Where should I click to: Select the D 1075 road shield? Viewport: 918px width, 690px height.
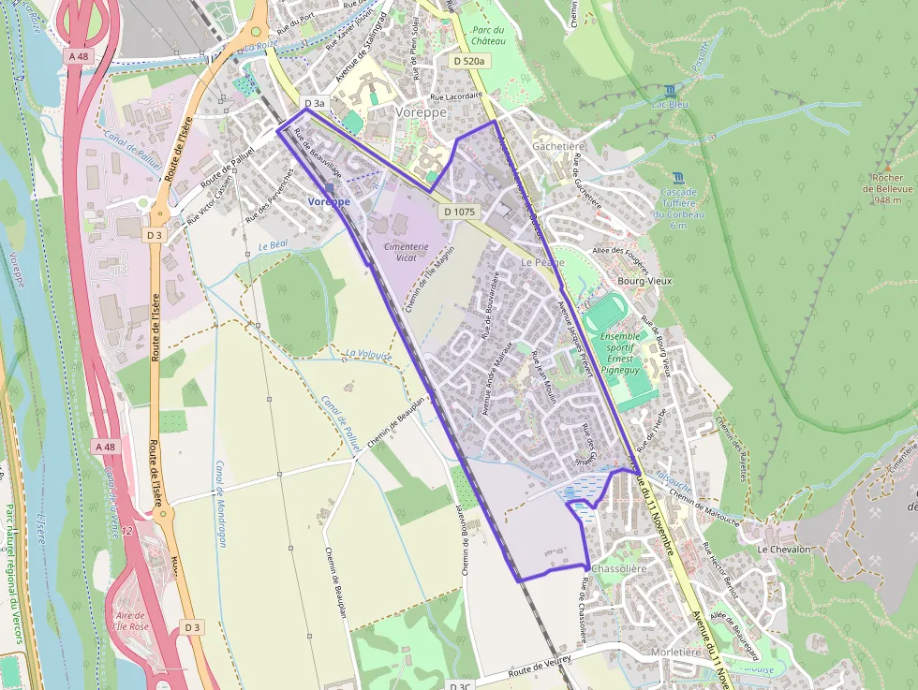pyautogui.click(x=459, y=212)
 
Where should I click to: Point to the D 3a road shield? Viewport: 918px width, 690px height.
pyautogui.click(x=314, y=103)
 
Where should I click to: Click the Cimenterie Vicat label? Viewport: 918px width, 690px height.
pyautogui.click(x=407, y=252)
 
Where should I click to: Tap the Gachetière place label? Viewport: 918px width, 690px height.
pyautogui.click(x=558, y=147)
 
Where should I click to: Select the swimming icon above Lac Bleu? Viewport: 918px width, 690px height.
pyautogui.click(x=669, y=91)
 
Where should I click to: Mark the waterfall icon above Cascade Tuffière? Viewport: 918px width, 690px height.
pyautogui.click(x=678, y=177)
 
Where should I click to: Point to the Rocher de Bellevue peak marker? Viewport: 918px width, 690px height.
pyautogui.click(x=887, y=168)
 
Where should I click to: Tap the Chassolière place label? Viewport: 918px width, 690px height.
pyautogui.click(x=620, y=568)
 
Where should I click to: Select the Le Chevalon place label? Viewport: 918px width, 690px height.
pyautogui.click(x=784, y=550)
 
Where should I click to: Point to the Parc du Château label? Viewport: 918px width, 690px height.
pyautogui.click(x=488, y=36)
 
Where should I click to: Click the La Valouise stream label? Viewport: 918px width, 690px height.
pyautogui.click(x=366, y=354)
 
